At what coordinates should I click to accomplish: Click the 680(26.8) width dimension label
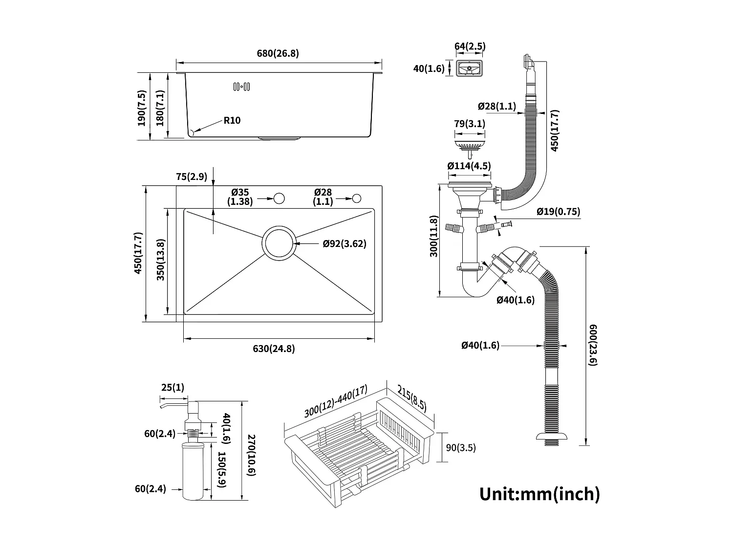[278, 53]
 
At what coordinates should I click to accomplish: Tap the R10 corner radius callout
[232, 120]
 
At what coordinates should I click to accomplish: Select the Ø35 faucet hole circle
[279, 198]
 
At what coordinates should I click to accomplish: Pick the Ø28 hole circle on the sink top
[357, 198]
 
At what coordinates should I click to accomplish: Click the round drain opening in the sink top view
[279, 242]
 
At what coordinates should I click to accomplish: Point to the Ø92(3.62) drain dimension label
[344, 243]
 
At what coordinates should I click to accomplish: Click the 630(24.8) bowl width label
[274, 349]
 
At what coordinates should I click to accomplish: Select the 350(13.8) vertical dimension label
[160, 260]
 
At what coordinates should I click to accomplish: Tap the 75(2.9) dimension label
[192, 176]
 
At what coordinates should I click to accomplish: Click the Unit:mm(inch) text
[539, 493]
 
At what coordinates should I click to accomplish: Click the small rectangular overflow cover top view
[469, 68]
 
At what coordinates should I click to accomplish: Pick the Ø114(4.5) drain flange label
[469, 166]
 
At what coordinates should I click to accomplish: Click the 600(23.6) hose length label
[593, 345]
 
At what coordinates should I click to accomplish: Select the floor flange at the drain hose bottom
[552, 437]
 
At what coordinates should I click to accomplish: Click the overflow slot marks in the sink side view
[242, 87]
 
